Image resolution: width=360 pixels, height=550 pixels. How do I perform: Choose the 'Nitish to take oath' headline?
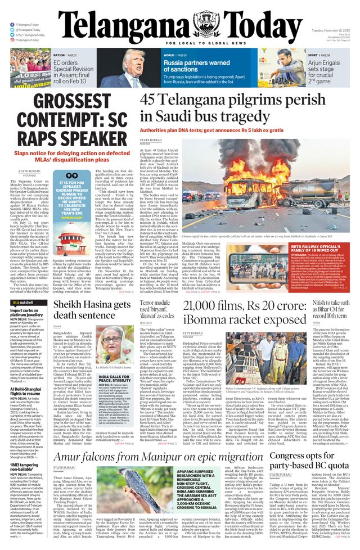pos(330,310)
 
